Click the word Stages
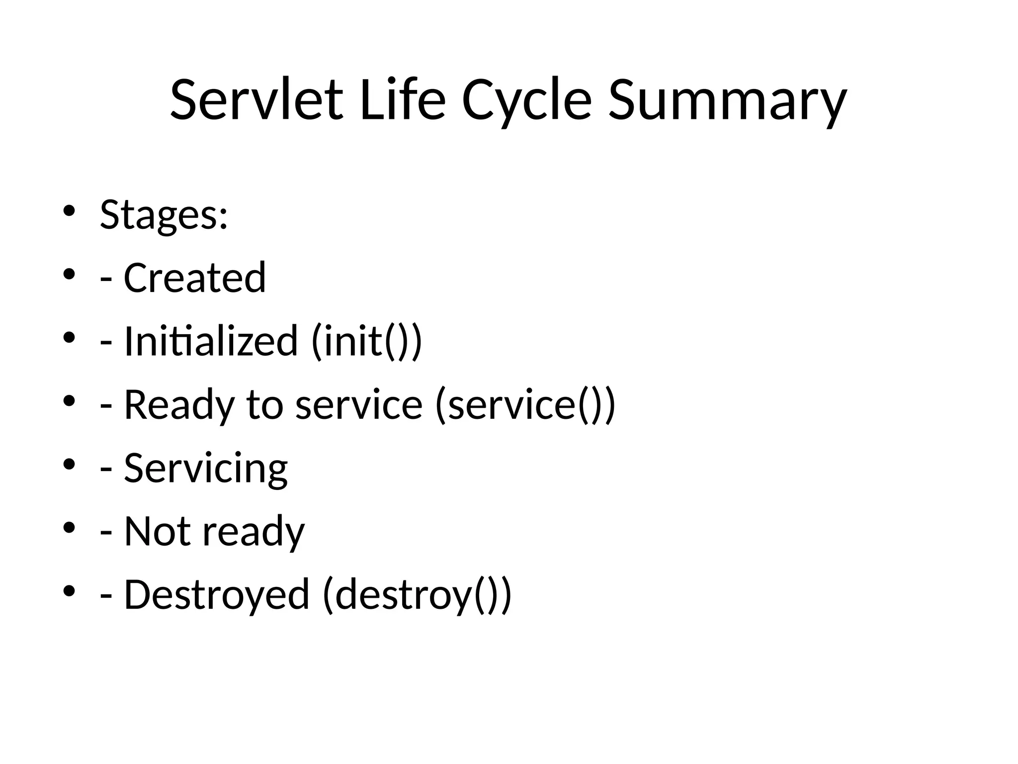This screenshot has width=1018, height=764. [x=164, y=215]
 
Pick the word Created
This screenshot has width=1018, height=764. [x=194, y=278]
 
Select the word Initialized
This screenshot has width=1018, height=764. [x=211, y=341]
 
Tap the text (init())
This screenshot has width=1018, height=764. [x=367, y=341]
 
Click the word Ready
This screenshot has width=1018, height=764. [x=178, y=405]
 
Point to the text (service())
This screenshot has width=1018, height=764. [x=525, y=405]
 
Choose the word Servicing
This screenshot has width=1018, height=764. [x=205, y=469]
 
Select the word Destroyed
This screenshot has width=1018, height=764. [x=216, y=594]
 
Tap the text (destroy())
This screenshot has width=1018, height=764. [x=417, y=594]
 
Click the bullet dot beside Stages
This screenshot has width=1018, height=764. [x=69, y=211]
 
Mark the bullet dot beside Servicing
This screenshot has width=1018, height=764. [x=69, y=465]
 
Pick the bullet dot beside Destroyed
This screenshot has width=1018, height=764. [x=69, y=591]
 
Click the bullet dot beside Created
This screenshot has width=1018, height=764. [x=69, y=274]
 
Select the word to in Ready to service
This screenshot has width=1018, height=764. [x=264, y=405]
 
